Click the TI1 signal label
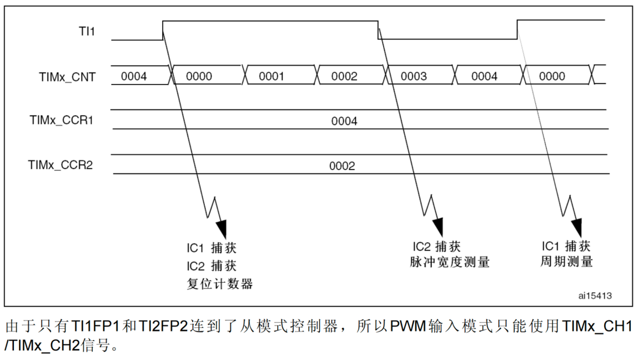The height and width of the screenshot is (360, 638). pos(87,32)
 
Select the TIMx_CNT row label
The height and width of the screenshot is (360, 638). pos(67,77)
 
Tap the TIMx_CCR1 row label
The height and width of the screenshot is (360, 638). pos(61,119)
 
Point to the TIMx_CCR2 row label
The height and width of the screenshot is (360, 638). pos(61,165)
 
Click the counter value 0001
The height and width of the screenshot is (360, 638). pos(272,77)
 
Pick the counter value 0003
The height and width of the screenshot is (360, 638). pos(414,77)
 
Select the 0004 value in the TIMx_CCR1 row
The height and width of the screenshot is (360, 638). pos(344,121)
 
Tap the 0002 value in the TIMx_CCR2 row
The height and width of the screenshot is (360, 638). pos(342,166)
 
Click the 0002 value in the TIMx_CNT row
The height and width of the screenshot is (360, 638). pos(344,77)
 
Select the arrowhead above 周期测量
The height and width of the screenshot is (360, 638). pos(576,227)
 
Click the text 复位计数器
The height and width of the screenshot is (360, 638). pos(220,284)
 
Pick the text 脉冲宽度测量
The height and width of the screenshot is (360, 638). pos(449,262)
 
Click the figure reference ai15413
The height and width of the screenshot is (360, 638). pos(595,296)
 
